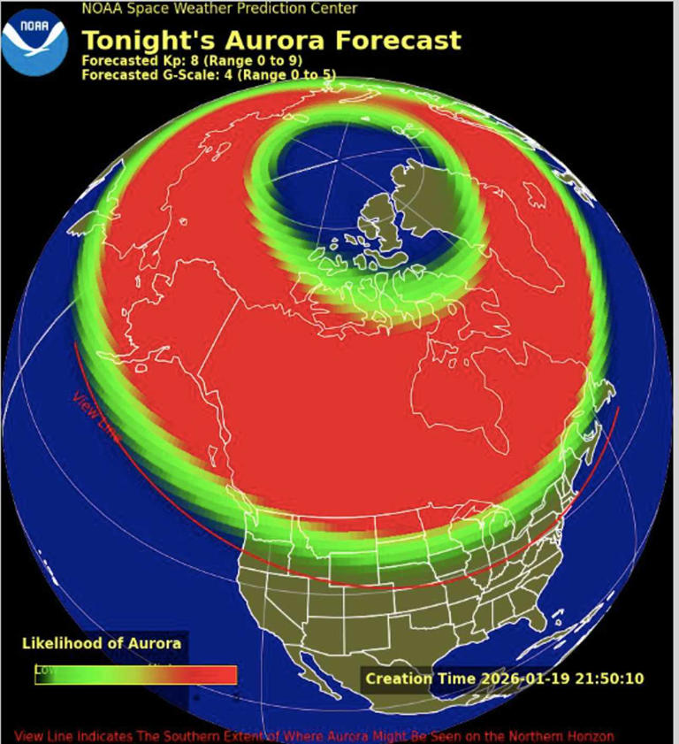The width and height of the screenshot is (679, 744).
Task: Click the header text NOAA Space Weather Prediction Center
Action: click(219, 9)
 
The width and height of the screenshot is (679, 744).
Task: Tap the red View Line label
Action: click(95, 416)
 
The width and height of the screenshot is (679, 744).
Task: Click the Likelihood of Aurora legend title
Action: click(102, 643)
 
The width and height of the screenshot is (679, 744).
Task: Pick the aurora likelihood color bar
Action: click(135, 675)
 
